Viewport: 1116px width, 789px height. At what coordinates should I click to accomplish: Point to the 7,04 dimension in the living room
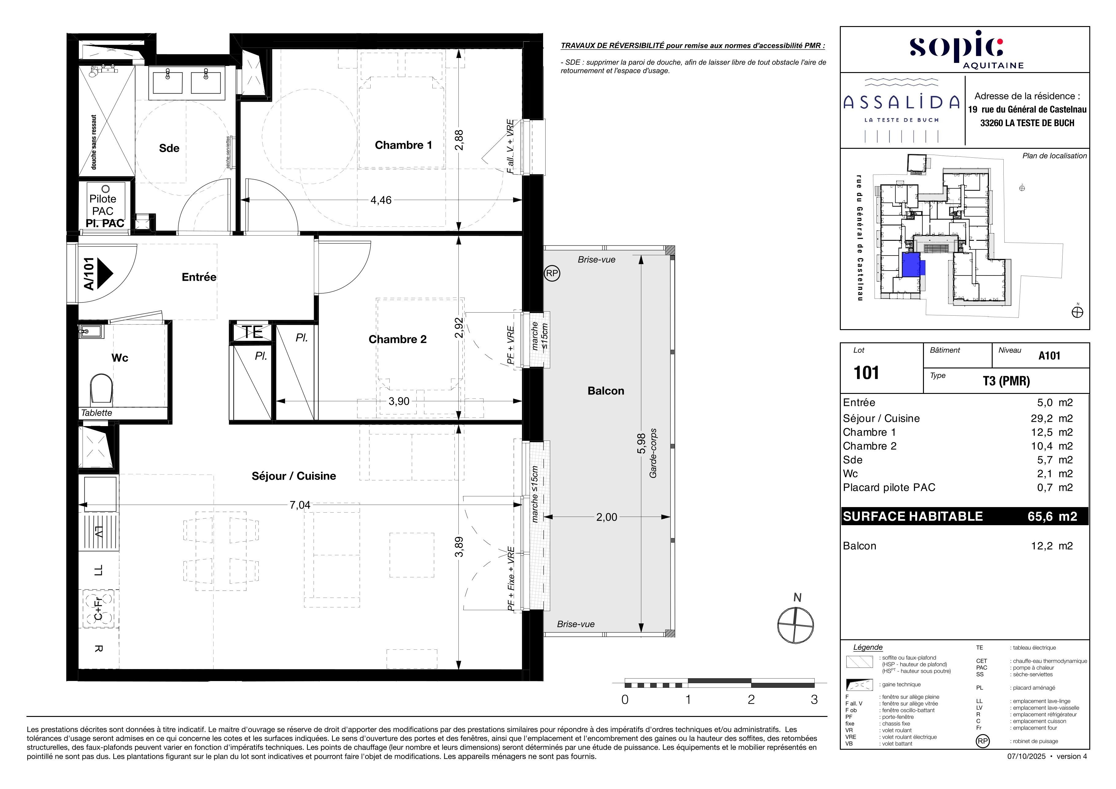coord(299,505)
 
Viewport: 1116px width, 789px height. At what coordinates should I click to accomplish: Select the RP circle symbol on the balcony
coord(552,274)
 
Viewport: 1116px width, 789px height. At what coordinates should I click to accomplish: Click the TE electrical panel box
coord(252,332)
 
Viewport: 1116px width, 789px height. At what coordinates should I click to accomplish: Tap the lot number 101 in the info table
coord(866,373)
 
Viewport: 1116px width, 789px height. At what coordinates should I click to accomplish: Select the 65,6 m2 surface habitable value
coord(1052,517)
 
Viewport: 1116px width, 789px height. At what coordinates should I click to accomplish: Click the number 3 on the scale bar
coord(814,700)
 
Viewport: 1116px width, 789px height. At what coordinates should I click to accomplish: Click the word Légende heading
coord(868,647)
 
